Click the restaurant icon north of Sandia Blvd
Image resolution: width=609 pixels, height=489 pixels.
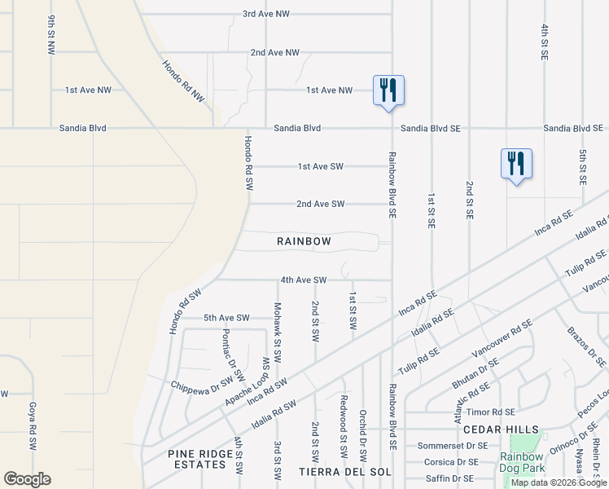388,90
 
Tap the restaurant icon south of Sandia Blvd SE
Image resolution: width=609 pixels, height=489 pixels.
515,164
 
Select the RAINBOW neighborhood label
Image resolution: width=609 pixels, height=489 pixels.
304,241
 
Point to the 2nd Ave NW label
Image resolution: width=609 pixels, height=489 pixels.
274,52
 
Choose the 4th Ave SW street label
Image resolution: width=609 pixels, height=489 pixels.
303,280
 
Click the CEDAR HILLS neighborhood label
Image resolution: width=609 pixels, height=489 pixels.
501,430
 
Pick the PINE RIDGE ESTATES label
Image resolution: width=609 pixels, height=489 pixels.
196,459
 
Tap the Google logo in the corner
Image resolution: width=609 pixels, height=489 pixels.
27,479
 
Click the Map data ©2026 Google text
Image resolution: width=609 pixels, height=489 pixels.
559,482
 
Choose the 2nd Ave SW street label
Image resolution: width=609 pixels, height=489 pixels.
320,204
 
